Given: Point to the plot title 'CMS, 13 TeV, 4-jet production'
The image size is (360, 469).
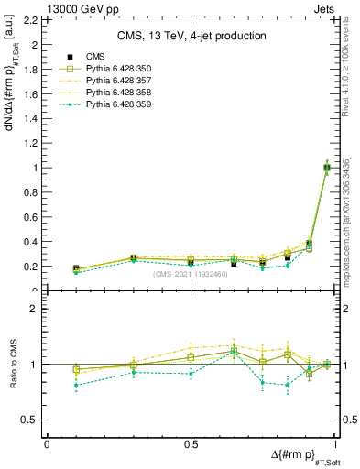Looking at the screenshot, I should click(x=191, y=37).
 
